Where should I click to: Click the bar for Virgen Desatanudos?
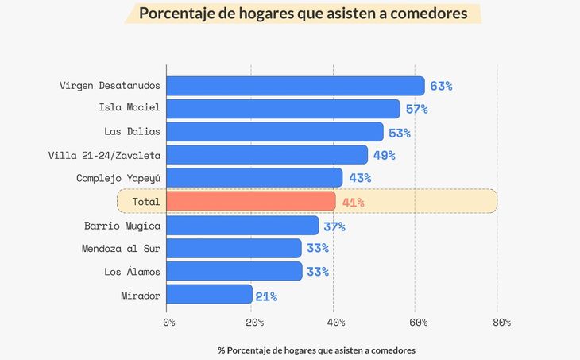(296, 86)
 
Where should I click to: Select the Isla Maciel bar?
(284, 109)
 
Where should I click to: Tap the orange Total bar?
(252, 202)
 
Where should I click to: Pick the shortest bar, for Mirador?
(211, 296)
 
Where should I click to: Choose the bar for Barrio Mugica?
(243, 226)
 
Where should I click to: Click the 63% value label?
(441, 86)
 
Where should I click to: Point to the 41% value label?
(354, 203)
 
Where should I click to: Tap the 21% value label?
(266, 296)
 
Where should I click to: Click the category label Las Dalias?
(133, 132)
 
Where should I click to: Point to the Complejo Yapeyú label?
(118, 179)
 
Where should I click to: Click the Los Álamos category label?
(132, 273)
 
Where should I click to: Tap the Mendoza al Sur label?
(121, 249)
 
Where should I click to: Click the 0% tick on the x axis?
(168, 323)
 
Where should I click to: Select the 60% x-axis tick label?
(419, 323)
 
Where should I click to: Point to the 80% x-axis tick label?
(501, 323)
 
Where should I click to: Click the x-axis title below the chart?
(317, 350)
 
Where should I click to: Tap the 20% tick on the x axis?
(254, 323)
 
